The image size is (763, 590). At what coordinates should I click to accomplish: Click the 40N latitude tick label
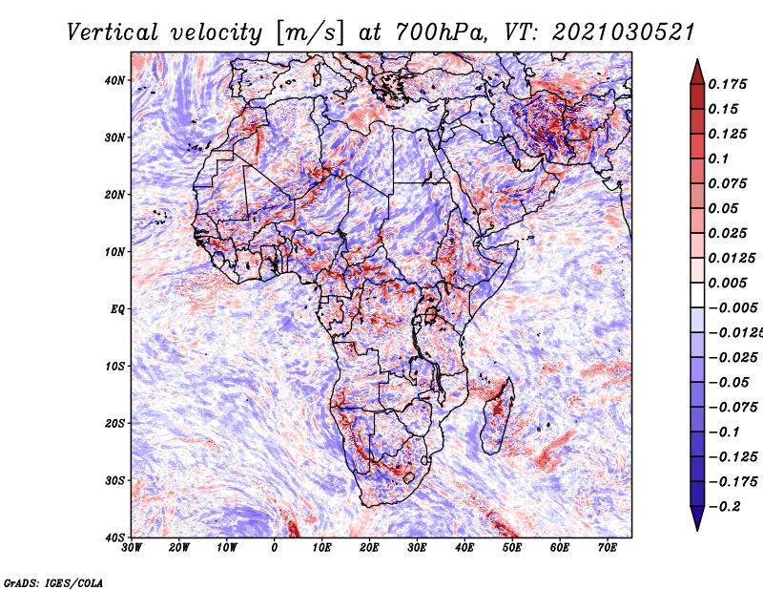(x=114, y=80)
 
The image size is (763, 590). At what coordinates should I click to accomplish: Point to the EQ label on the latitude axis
(x=117, y=309)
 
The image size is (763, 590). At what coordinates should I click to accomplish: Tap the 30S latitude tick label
(x=114, y=481)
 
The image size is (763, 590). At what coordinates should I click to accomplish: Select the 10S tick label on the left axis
(x=114, y=367)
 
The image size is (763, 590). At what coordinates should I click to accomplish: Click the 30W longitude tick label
(x=132, y=548)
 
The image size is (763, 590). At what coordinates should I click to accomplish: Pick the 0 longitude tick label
(x=275, y=548)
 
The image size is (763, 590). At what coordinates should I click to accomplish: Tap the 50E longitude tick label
(x=512, y=548)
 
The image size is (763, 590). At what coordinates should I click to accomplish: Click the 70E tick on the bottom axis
(x=608, y=548)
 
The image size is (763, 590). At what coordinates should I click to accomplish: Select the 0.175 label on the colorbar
(x=727, y=84)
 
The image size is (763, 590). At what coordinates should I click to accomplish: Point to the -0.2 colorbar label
(x=725, y=507)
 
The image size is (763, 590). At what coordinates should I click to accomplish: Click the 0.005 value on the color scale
(x=727, y=283)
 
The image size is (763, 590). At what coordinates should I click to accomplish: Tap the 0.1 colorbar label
(x=718, y=158)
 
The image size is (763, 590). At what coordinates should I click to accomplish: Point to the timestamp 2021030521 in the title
(x=624, y=32)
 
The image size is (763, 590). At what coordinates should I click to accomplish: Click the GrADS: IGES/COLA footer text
(x=53, y=582)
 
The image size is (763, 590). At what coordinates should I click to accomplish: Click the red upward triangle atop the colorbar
(x=697, y=72)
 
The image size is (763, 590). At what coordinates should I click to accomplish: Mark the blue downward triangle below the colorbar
(x=697, y=518)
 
